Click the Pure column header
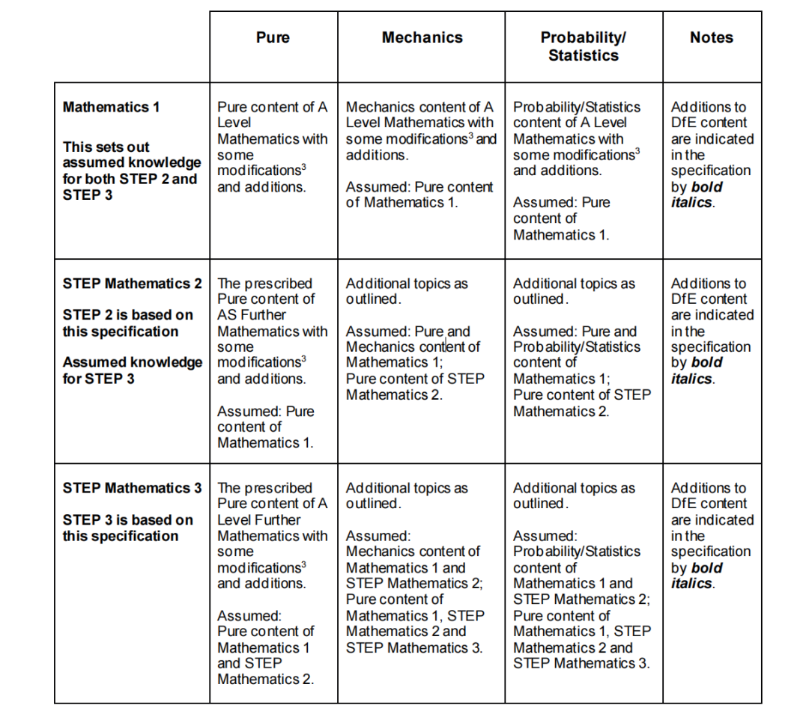pyautogui.click(x=273, y=37)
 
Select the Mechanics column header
pyautogui.click(x=422, y=37)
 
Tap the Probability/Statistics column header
pyautogui.click(x=583, y=46)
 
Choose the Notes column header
pyautogui.click(x=711, y=37)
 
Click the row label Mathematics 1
pyautogui.click(x=112, y=107)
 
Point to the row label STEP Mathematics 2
pyautogui.click(x=132, y=284)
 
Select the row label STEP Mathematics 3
pyautogui.click(x=132, y=488)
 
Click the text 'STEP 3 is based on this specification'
pyautogui.click(x=127, y=528)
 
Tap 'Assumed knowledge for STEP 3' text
pyautogui.click(x=132, y=370)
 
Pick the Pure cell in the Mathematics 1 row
pyautogui.click(x=273, y=147)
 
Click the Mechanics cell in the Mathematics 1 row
pyautogui.click(x=421, y=154)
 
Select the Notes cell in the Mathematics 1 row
pyautogui.click(x=711, y=154)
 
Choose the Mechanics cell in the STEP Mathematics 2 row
pyautogui.click(x=421, y=339)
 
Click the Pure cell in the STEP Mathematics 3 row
pyautogui.click(x=273, y=583)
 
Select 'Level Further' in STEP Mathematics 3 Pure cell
pyautogui.click(x=258, y=519)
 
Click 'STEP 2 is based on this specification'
pyautogui.click(x=127, y=323)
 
